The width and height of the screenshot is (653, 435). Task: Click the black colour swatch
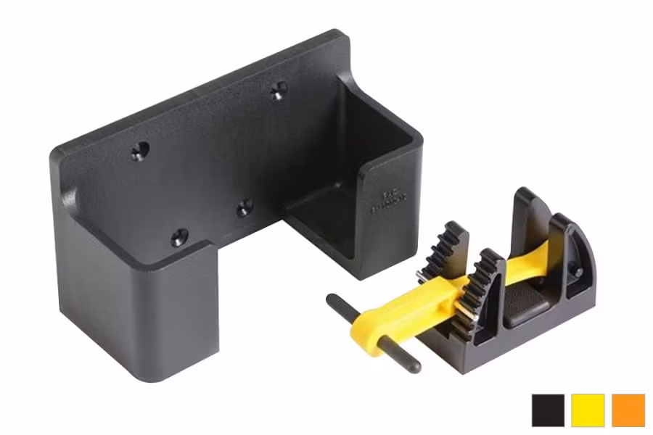(x=548, y=410)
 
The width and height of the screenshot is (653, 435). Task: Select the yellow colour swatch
(x=588, y=410)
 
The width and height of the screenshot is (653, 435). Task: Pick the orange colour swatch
(x=628, y=410)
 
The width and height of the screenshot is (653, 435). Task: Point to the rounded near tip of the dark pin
(x=414, y=366)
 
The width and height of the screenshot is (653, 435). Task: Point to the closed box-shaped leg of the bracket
(x=145, y=312)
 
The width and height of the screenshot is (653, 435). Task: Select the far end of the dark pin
(x=332, y=299)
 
